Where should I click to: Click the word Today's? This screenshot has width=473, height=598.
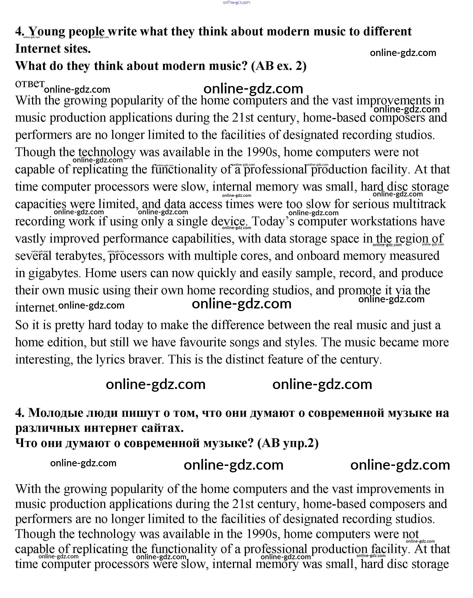point(273,221)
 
